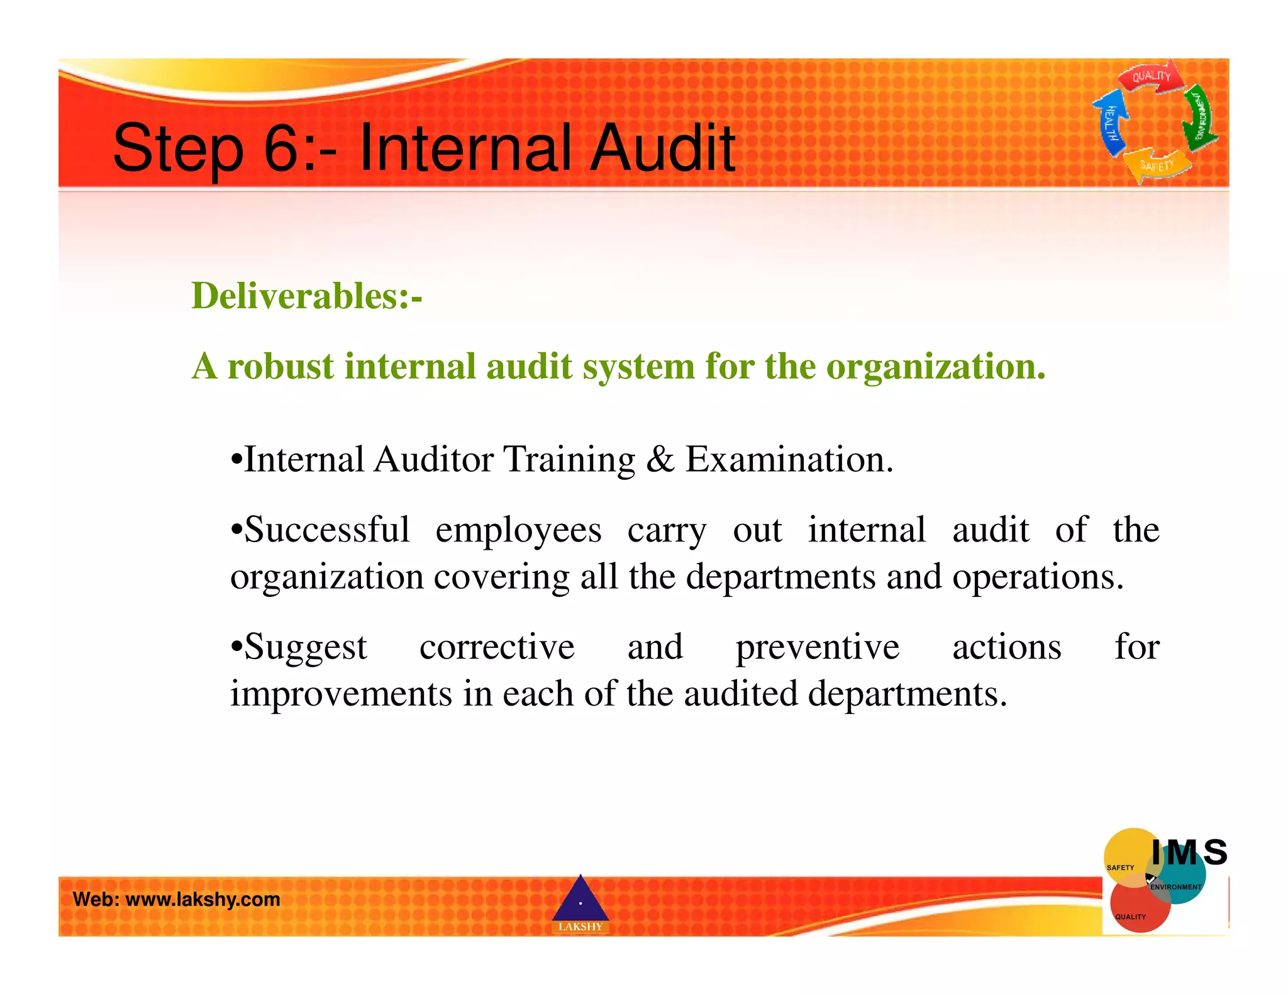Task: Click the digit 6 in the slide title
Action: click(281, 148)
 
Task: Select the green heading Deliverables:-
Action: click(306, 296)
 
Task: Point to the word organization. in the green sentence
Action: click(936, 367)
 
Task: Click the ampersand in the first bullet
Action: click(660, 459)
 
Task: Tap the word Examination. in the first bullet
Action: click(789, 459)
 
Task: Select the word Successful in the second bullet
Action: click(326, 530)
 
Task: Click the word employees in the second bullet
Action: click(518, 531)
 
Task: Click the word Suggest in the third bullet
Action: click(304, 648)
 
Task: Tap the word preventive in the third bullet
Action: click(818, 648)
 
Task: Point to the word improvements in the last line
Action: click(341, 694)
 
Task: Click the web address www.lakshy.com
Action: click(203, 899)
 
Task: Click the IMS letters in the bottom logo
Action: click(1189, 853)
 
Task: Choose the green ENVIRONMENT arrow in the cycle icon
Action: click(1200, 116)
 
